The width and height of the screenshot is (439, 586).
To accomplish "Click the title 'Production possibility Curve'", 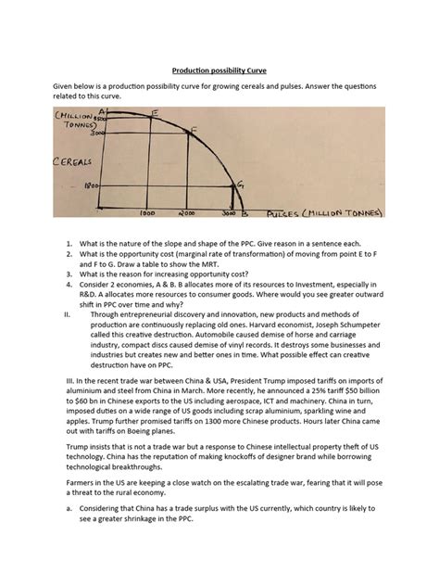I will (219, 69).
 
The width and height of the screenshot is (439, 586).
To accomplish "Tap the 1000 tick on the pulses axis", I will (145, 213).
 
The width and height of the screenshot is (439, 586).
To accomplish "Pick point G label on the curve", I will (241, 186).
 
